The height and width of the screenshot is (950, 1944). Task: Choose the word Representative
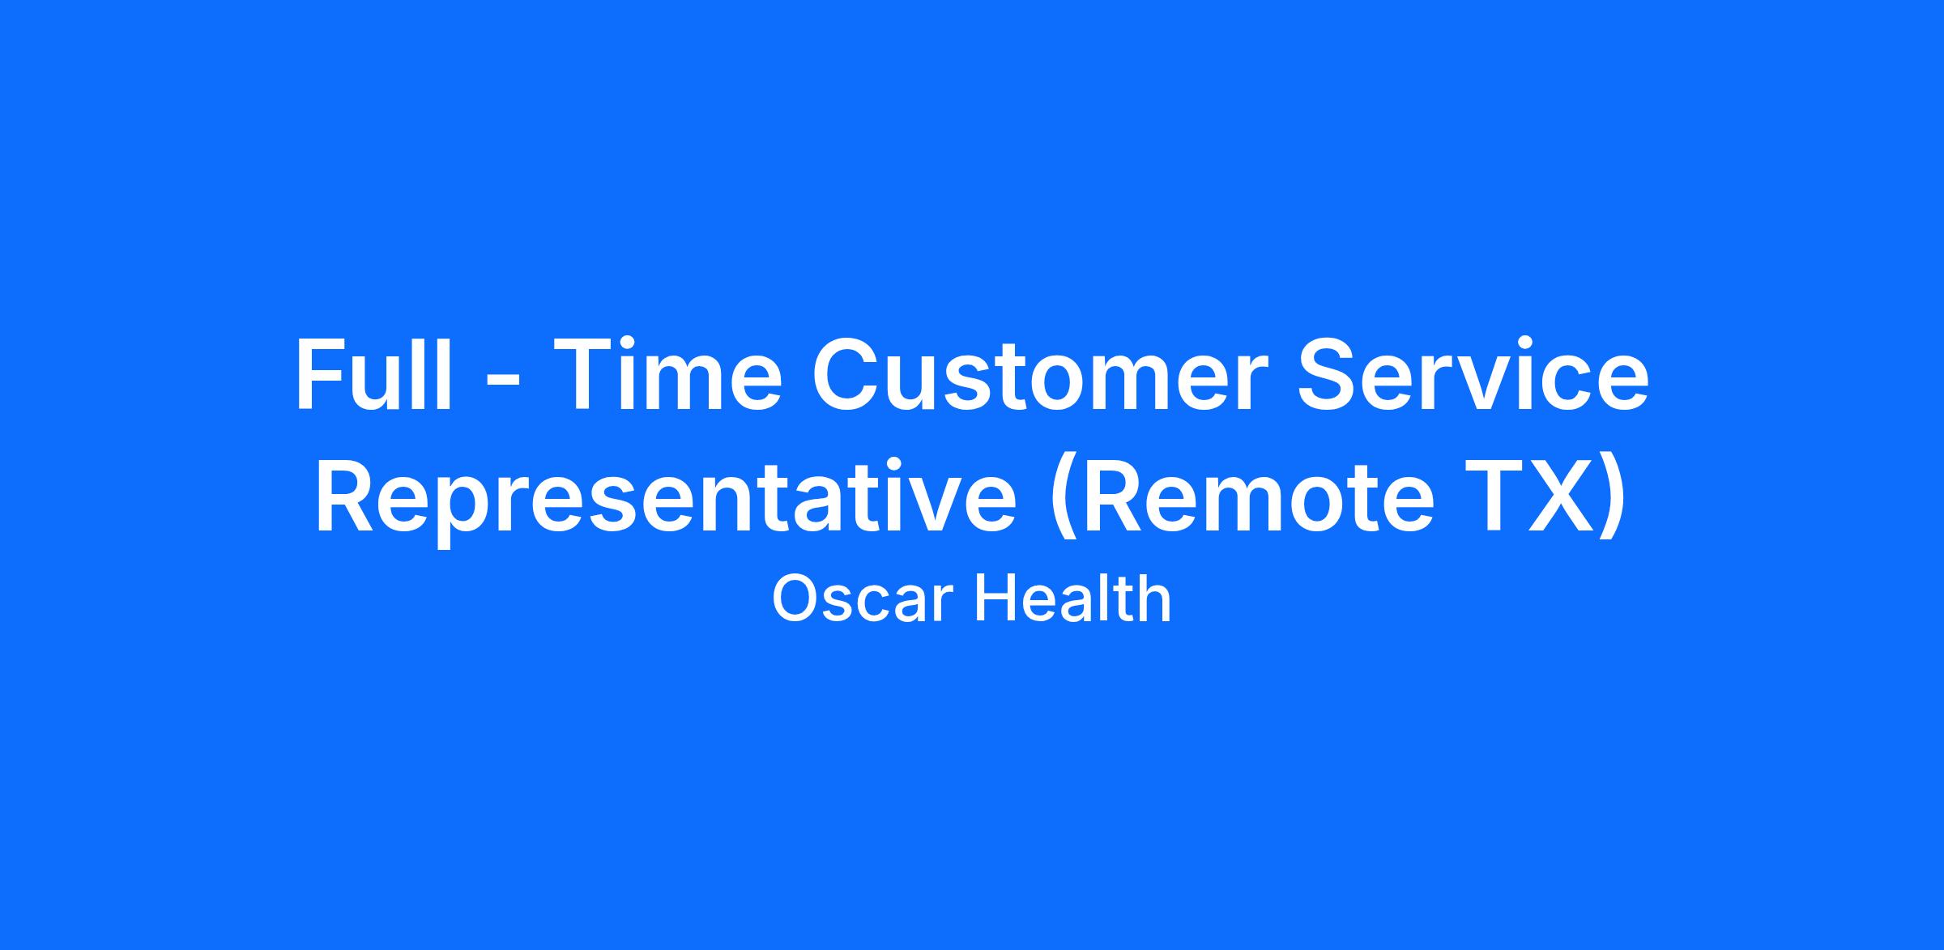(x=665, y=498)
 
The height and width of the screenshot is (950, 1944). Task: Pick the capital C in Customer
(x=846, y=374)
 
